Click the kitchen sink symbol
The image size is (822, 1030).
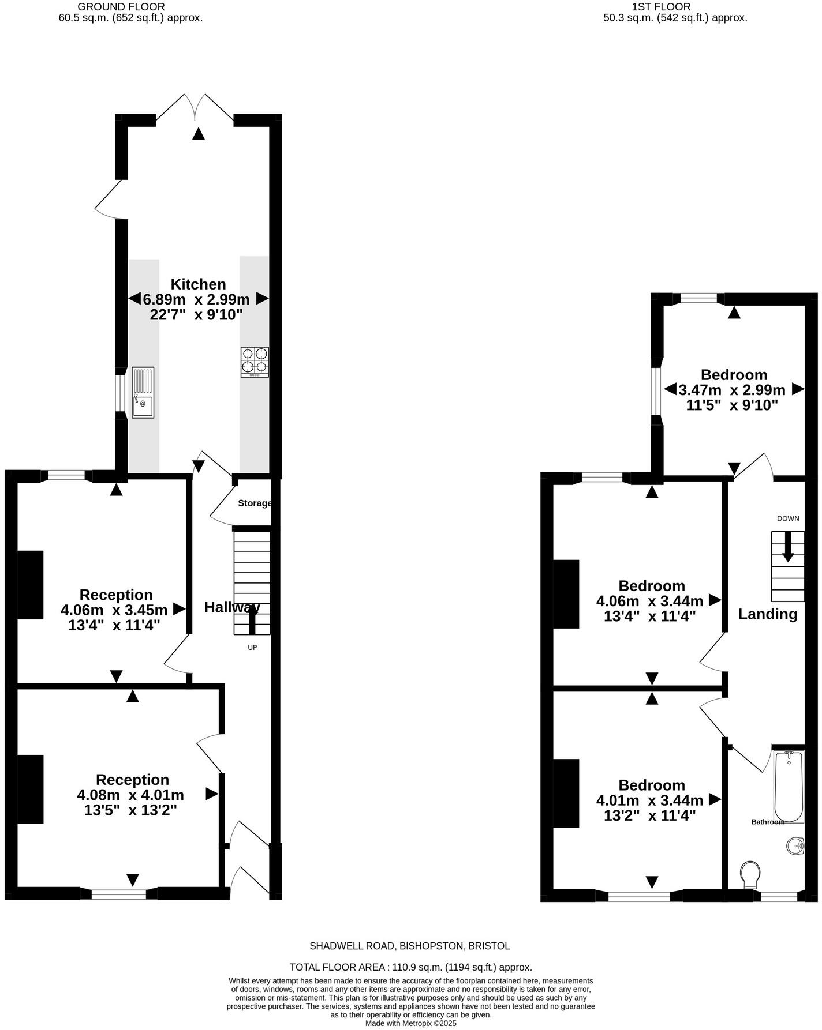coord(143,392)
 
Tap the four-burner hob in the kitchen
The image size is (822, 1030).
coord(255,362)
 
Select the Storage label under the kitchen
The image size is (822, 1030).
coord(255,503)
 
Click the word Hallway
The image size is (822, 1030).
coord(232,607)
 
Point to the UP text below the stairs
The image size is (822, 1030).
coord(252,647)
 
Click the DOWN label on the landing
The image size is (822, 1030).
coord(787,518)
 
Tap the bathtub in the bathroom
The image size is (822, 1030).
coord(789,786)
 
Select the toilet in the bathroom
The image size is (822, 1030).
coord(750,874)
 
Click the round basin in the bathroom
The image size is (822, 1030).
coord(795,846)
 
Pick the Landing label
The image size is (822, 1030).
coord(767,614)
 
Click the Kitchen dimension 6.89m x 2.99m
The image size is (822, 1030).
coord(196,299)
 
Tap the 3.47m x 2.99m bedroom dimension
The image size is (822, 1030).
coord(732,389)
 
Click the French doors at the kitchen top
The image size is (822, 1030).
coord(195,110)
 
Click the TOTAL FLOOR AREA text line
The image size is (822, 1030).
coord(410,967)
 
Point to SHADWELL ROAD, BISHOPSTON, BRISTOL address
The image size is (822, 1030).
coord(410,946)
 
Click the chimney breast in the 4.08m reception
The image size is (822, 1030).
coord(31,789)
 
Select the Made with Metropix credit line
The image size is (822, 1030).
coord(410,1023)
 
